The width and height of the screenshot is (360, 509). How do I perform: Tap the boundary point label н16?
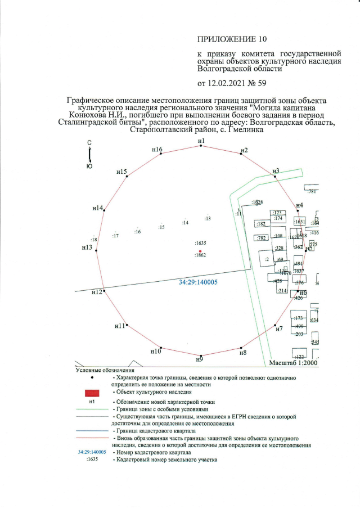pos(157,150)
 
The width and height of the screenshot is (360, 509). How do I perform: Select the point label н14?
pos(98,208)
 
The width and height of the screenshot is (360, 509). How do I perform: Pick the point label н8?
pos(243,353)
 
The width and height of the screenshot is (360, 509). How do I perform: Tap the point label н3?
pos(276,170)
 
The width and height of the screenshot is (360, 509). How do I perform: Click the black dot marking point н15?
pos(128,177)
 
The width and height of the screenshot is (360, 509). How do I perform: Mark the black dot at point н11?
pos(127,325)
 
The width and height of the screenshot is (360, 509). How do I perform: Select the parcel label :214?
pos(282,291)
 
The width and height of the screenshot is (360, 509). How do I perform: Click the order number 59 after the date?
pos(261,84)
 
